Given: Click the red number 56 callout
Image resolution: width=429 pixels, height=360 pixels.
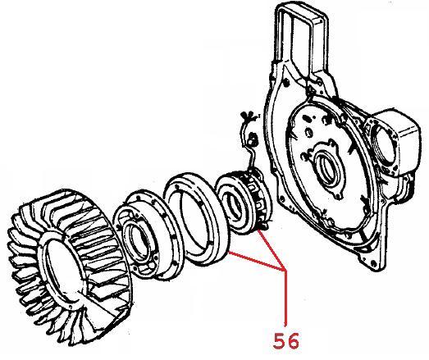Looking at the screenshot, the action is coord(286,340).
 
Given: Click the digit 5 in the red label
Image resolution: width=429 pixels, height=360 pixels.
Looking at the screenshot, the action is coord(280,340).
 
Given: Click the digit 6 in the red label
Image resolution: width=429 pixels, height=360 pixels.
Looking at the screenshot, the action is coord(294,341).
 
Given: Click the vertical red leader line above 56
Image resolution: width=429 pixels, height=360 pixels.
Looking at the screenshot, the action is coord(285,298).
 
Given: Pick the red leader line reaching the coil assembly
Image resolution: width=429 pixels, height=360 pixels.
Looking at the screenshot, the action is coord(272,250).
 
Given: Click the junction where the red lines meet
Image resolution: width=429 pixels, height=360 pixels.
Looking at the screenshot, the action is coord(285,270).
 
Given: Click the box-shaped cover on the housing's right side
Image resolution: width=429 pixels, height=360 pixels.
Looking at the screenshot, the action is coord(404,139).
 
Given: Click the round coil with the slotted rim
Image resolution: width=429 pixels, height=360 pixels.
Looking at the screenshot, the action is coord(244,201).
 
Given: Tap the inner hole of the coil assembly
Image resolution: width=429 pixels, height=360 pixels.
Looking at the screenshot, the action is coord(233,204).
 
